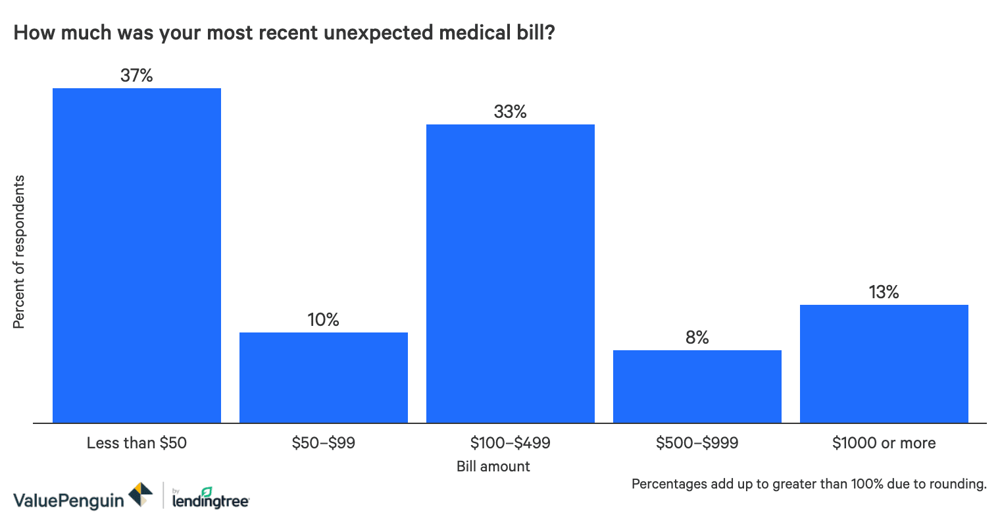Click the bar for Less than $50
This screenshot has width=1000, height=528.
tap(137, 255)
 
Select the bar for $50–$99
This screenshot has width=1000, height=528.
tap(324, 377)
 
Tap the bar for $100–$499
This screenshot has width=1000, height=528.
tap(511, 273)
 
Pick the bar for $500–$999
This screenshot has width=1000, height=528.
tap(697, 386)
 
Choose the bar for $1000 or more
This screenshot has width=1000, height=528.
tap(884, 363)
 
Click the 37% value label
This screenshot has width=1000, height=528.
tap(137, 76)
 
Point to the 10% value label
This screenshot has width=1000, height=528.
tap(324, 320)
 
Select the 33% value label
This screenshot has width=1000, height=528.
tap(511, 112)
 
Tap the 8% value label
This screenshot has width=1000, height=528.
tap(697, 338)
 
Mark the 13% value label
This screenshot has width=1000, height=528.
tap(884, 292)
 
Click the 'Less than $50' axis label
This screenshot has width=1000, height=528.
tap(137, 443)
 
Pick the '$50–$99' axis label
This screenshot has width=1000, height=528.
tap(324, 443)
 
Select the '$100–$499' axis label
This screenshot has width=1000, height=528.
tap(511, 443)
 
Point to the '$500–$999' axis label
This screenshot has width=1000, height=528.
tap(697, 443)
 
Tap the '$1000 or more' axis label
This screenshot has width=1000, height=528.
tap(884, 443)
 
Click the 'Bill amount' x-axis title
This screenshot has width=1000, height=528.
tap(493, 467)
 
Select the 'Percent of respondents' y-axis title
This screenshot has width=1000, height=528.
tap(19, 252)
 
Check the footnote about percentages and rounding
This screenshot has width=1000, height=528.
tap(809, 485)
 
